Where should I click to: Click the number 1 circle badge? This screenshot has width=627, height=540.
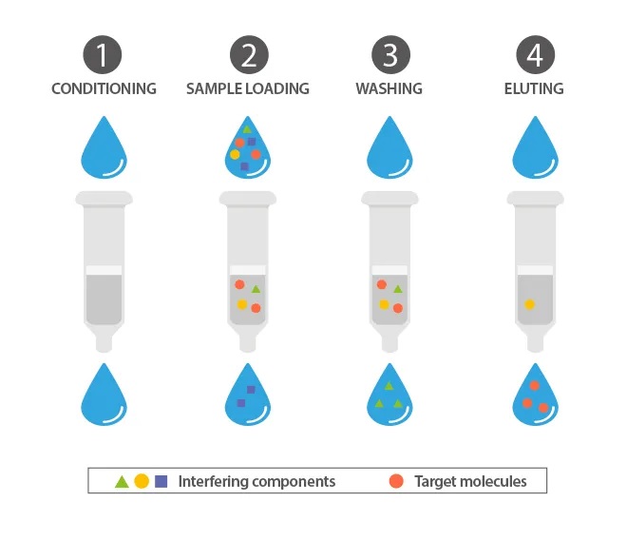coord(103,55)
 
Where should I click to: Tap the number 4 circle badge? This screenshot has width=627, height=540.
coord(536,55)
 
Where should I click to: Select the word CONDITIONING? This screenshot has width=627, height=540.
coord(104,88)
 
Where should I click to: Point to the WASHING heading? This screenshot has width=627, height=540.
coord(389,88)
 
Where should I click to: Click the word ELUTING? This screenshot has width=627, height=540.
coord(534,88)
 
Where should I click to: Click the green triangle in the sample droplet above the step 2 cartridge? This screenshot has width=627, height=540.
coord(247,129)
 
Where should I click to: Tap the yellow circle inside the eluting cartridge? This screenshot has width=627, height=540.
coord(530,304)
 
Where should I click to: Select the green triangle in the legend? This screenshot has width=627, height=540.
coord(122,482)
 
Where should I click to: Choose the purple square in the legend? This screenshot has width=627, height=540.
coord(161,481)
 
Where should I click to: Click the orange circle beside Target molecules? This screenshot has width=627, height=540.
coord(396,481)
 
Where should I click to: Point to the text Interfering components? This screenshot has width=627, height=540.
coord(256,482)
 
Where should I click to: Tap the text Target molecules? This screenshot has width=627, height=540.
coord(470,482)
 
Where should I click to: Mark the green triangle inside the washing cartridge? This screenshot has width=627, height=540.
coord(397,289)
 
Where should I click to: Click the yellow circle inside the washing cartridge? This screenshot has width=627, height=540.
coord(385,304)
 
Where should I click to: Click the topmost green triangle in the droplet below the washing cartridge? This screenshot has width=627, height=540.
coord(389,386)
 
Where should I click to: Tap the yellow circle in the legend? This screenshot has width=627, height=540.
coord(142,481)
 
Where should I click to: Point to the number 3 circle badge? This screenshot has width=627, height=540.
coord(391,55)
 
